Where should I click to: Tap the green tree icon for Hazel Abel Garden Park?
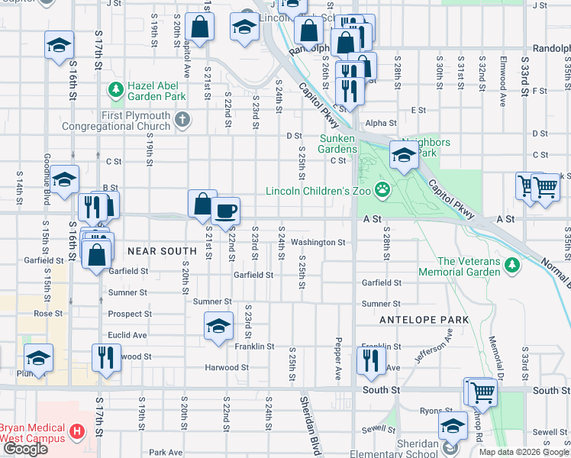pyautogui.click(x=115, y=91)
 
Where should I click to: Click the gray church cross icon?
pyautogui.click(x=182, y=119)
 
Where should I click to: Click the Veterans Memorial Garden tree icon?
pyautogui.click(x=512, y=266)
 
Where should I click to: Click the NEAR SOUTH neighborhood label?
pyautogui.click(x=162, y=250)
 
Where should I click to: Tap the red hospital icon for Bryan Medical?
pyautogui.click(x=76, y=431)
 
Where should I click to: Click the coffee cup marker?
pyautogui.click(x=224, y=211)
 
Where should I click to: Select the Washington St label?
pyautogui.click(x=318, y=242)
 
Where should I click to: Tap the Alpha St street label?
pyautogui.click(x=380, y=123)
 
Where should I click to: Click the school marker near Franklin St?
pyautogui.click(x=218, y=326)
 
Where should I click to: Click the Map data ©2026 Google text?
pyautogui.click(x=523, y=452)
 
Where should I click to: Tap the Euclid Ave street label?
pyautogui.click(x=127, y=334)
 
